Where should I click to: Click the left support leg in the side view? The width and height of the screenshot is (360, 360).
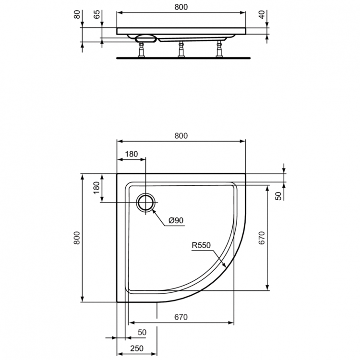[x=143, y=50]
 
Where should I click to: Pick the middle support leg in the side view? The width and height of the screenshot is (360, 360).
[x=181, y=50]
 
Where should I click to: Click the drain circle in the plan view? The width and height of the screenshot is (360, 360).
[x=145, y=203]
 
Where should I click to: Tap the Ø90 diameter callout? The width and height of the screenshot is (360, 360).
[x=176, y=221]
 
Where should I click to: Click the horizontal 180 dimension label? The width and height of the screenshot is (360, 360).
[x=131, y=154]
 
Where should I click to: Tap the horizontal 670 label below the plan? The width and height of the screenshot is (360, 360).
[x=180, y=317]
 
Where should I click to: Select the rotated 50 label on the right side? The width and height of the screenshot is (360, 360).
[x=278, y=196]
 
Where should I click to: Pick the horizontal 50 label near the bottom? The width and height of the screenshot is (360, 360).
[x=142, y=332]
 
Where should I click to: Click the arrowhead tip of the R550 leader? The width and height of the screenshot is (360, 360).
[x=227, y=267]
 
